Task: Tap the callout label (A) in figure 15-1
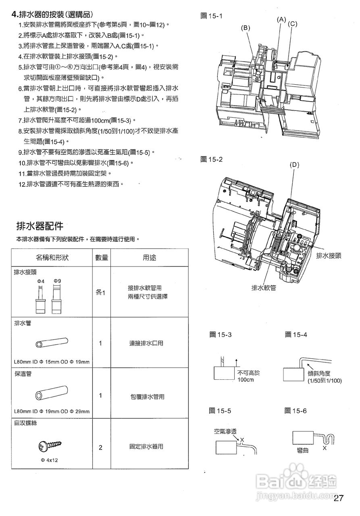tap(281, 19)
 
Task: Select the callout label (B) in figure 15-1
tap(246, 27)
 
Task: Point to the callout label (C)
tap(293, 24)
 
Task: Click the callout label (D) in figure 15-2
tap(294, 164)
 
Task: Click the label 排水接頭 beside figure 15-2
tap(329, 256)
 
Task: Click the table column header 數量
tap(101, 258)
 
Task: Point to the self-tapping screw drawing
tap(51, 445)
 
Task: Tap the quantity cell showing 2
tap(100, 448)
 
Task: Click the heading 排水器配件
tap(39, 225)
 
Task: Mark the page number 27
tap(339, 498)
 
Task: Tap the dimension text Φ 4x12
tap(50, 460)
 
